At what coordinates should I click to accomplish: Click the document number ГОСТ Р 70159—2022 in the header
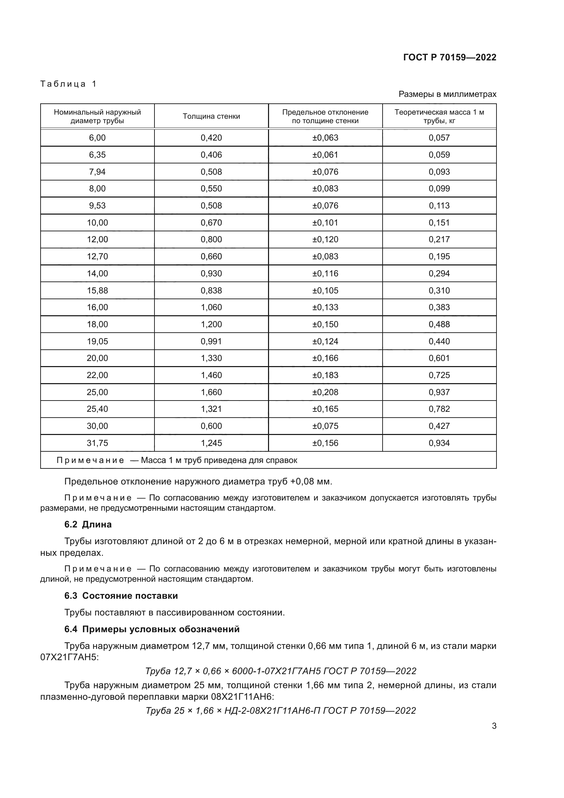(450, 57)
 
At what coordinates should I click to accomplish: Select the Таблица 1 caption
(69, 84)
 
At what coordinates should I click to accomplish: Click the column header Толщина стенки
(211, 116)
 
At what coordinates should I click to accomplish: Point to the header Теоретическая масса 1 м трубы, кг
(439, 116)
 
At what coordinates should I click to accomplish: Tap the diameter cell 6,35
(97, 155)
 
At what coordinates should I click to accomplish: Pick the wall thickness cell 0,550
(211, 188)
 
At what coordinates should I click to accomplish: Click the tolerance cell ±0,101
(325, 222)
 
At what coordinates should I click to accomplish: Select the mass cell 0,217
(439, 240)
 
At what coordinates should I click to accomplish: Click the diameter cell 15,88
(97, 290)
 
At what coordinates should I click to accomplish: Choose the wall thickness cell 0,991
(211, 341)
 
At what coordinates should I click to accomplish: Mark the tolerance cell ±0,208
(325, 392)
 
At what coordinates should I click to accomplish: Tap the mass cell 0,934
(439, 443)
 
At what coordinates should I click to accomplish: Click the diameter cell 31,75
(97, 443)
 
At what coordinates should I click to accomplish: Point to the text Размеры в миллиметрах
(447, 94)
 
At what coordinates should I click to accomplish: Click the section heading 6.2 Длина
(88, 524)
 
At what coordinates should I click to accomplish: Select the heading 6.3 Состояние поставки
(121, 596)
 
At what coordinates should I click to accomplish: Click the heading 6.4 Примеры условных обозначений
(152, 629)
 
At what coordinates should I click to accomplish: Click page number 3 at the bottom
(494, 726)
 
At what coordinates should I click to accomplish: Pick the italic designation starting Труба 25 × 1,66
(281, 710)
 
